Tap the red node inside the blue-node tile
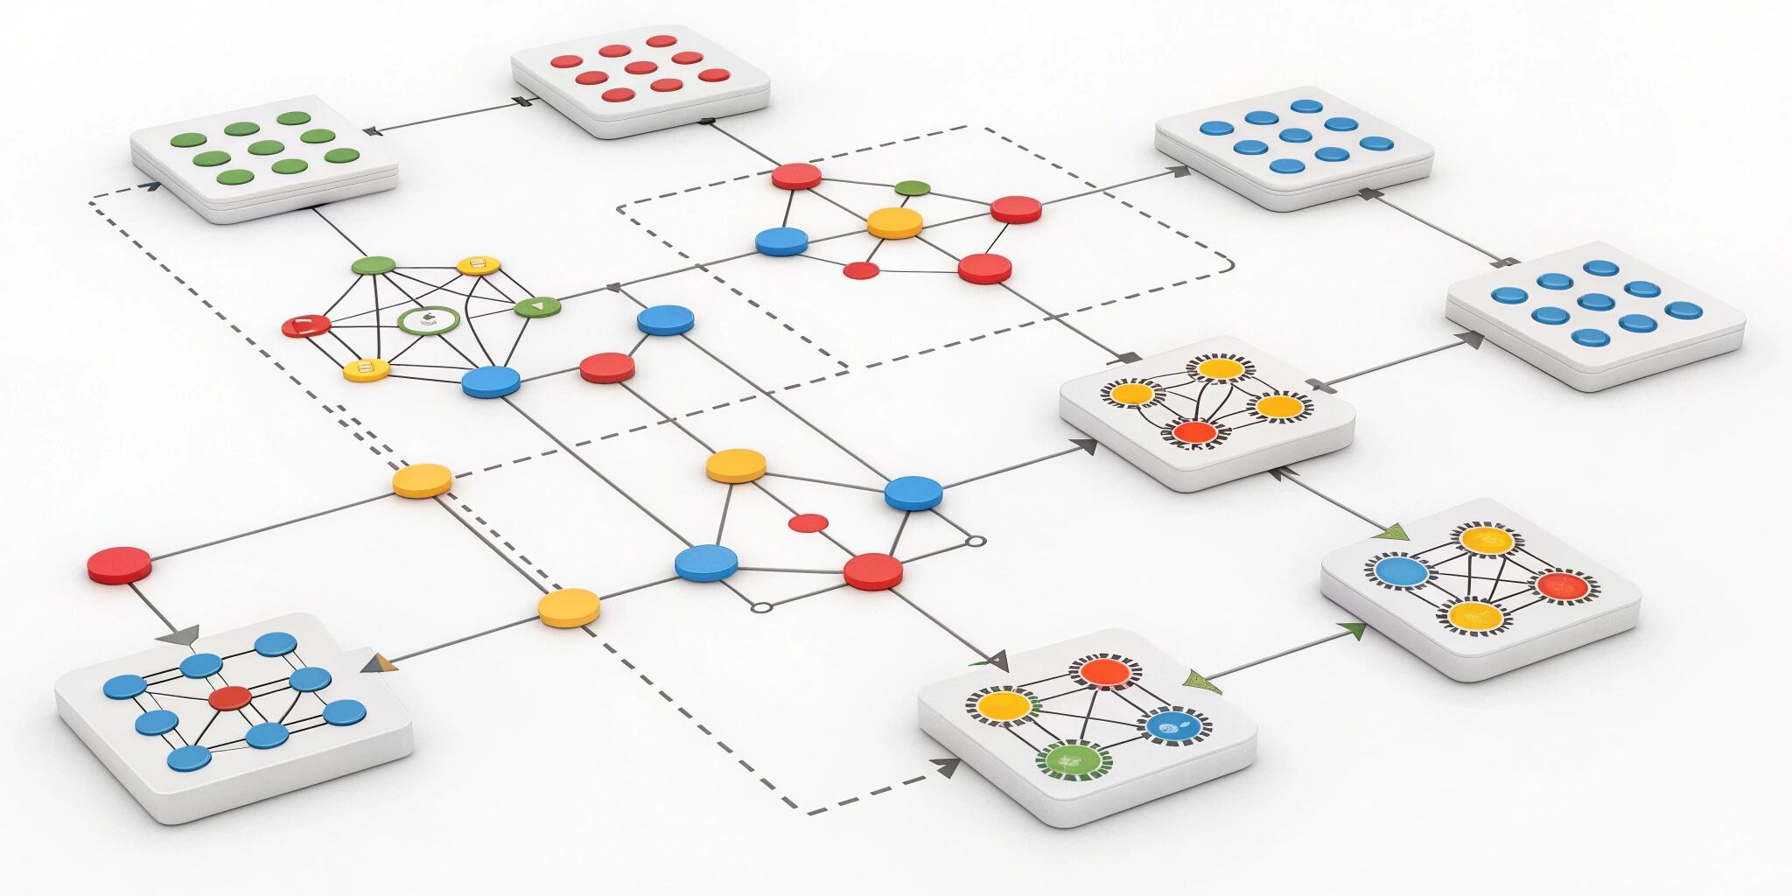coord(230,697)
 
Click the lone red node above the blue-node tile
coord(119,564)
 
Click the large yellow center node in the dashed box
coord(894,221)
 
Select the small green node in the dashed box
coord(913,187)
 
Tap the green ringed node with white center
coord(429,320)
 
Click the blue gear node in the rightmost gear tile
coord(1401,572)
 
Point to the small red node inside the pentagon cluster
coord(808,523)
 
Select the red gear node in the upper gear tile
coord(1195,431)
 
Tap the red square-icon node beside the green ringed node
coord(306,325)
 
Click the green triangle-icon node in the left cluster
coord(536,307)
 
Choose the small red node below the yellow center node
coord(860,270)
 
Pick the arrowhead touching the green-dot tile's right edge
coord(371,131)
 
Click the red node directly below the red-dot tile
coord(796,176)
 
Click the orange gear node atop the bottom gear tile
coord(1105,672)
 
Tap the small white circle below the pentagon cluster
coord(761,606)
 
